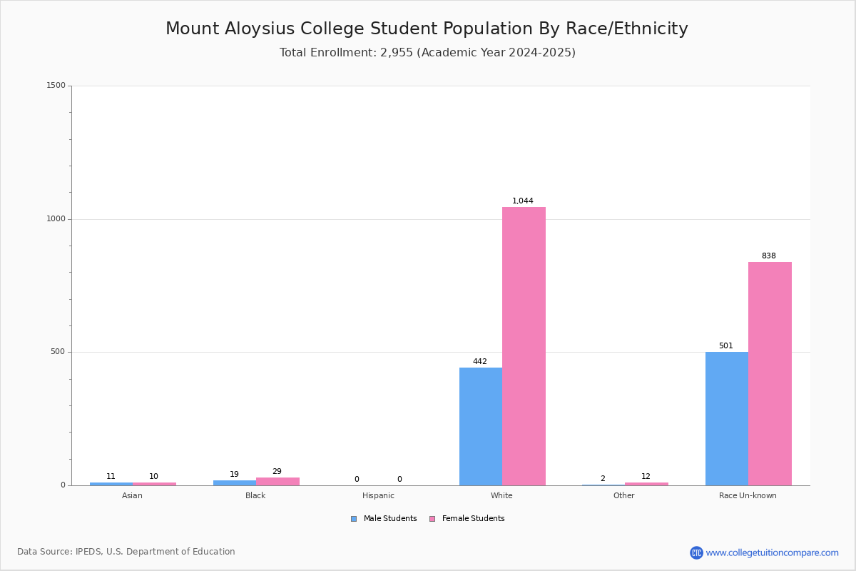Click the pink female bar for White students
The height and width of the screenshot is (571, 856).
point(524,346)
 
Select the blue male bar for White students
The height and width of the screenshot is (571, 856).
point(481,426)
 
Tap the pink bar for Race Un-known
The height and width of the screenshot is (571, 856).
point(770,374)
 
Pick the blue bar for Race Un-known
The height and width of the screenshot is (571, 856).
point(727,419)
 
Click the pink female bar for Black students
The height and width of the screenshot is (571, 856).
point(277,482)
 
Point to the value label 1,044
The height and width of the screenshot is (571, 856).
point(522,201)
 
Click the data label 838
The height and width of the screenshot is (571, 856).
point(768,256)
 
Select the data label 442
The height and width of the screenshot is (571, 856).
point(479,361)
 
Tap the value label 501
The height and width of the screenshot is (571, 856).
point(725,345)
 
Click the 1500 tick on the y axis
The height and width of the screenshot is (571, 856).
point(56,85)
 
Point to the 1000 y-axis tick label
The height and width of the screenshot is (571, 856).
point(56,218)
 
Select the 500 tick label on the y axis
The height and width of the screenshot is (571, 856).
point(58,351)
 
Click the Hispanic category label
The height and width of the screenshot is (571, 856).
point(378,495)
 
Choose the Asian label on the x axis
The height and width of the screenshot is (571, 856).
point(132,495)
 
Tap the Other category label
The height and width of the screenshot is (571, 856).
point(623,495)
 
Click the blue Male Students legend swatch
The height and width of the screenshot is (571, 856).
point(354,519)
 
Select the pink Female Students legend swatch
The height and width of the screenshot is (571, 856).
point(432,519)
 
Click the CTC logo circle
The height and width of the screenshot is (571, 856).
point(696,552)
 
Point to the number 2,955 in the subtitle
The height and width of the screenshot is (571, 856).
point(397,52)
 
